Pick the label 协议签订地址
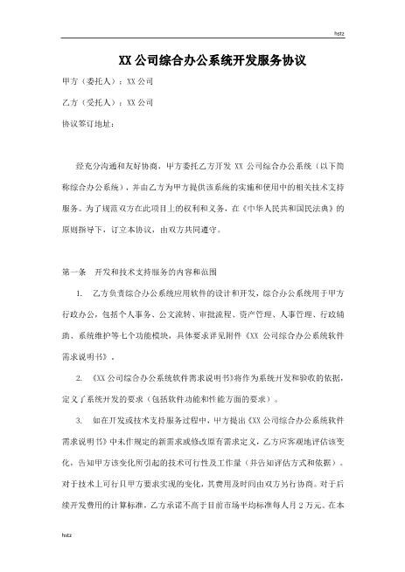click(x=88, y=123)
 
